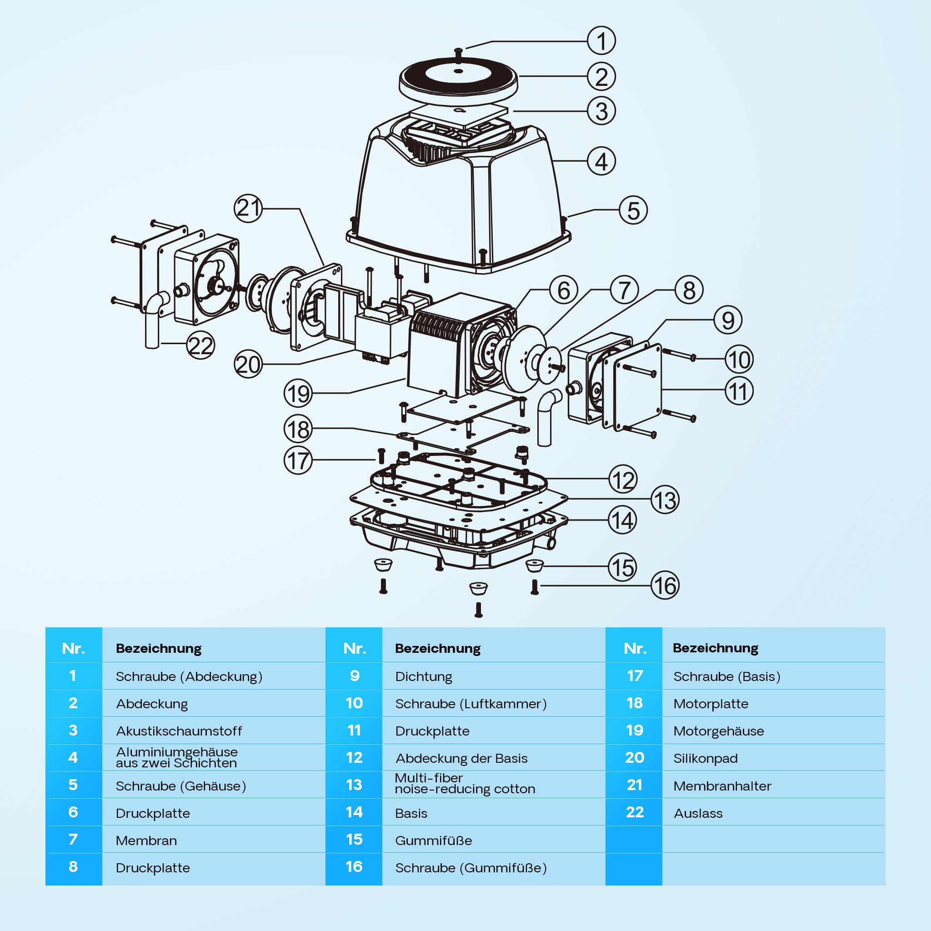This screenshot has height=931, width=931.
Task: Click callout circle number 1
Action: click(601, 41)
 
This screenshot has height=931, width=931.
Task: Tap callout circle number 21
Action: click(248, 208)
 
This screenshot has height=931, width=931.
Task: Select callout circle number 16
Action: click(665, 586)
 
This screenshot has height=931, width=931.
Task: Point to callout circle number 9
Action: click(728, 320)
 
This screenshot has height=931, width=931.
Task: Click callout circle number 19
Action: click(298, 393)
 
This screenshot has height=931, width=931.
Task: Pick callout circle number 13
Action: click(665, 500)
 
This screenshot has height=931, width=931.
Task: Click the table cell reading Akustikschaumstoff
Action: click(179, 731)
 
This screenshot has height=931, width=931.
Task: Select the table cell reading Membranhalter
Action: click(722, 786)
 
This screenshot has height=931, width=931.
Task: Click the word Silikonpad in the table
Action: click(705, 759)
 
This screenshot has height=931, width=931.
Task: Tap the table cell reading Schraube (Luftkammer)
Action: click(471, 704)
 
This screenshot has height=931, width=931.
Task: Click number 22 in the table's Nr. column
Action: click(634, 812)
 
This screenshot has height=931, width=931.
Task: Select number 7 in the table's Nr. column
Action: click(73, 840)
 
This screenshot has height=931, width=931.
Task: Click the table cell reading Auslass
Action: click(698, 813)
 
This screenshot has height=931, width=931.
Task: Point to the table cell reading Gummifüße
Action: click(433, 841)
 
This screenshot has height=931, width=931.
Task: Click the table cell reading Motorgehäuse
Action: click(718, 731)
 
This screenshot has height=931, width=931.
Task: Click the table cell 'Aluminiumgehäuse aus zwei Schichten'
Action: click(176, 757)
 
